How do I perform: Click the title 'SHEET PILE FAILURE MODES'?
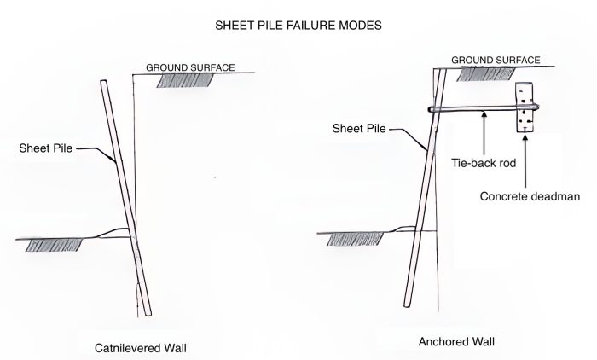click(298, 26)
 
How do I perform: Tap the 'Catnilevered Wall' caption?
click(141, 348)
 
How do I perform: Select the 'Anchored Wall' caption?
click(456, 341)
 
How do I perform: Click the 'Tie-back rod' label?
click(484, 163)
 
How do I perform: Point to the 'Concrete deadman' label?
click(530, 196)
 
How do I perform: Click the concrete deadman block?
click(525, 107)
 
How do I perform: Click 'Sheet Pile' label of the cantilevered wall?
click(46, 148)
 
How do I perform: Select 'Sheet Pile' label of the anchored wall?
click(359, 128)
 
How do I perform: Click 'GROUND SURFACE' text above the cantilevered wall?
click(190, 67)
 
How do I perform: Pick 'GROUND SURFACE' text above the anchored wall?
click(496, 61)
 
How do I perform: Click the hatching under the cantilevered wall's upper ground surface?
click(185, 80)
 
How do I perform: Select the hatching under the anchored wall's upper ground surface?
click(486, 74)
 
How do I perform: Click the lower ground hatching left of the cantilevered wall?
click(54, 245)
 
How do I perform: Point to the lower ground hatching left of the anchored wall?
click(356, 239)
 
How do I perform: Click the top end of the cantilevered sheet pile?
click(103, 81)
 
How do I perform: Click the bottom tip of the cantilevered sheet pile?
click(148, 315)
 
